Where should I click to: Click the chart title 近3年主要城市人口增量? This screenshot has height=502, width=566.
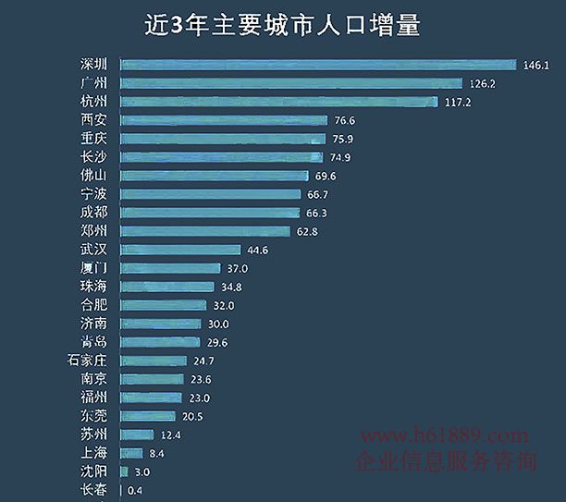282,25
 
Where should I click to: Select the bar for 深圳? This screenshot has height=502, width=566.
317,65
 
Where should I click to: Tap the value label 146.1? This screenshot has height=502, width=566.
536,66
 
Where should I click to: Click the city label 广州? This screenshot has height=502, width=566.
93,83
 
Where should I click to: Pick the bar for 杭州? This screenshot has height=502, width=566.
278,102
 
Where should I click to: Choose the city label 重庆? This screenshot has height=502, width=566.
93,139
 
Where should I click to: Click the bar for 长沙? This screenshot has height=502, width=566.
222,157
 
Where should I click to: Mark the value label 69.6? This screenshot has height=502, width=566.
323,176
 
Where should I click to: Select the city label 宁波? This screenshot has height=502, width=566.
93,194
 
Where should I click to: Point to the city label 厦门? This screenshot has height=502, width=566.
93,268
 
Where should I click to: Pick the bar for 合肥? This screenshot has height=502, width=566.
163,305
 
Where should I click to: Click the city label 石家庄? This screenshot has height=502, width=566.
88,361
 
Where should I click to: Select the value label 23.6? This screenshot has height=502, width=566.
201,379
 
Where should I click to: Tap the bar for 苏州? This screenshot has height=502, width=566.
137,435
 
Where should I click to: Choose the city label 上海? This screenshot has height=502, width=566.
93,453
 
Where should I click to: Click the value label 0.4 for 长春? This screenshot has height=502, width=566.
134,490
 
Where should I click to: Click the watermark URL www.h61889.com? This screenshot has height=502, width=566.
444,435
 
